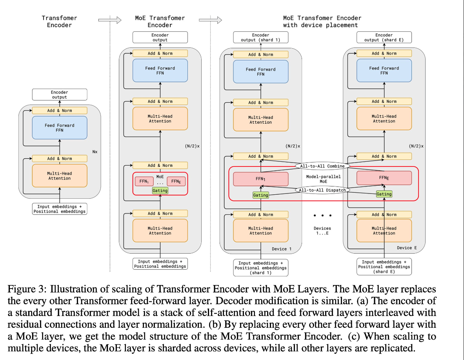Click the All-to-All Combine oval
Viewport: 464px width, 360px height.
point(322,166)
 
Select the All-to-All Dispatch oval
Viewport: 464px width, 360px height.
point(322,190)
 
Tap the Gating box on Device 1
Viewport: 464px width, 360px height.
point(261,195)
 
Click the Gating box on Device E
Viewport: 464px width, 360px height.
point(384,194)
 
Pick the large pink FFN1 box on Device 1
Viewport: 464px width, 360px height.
point(261,179)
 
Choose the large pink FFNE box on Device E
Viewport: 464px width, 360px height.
point(384,178)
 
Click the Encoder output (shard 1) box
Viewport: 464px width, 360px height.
point(261,37)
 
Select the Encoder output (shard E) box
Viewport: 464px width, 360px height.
point(384,37)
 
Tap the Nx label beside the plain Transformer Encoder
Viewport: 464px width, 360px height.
point(95,152)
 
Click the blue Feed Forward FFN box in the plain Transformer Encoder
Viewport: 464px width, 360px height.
point(60,128)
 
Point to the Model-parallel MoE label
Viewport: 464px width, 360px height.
point(323,179)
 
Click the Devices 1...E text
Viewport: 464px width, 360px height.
point(322,230)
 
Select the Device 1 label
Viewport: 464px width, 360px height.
point(282,249)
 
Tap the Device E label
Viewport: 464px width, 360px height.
point(407,248)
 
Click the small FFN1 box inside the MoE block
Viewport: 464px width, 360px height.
point(144,181)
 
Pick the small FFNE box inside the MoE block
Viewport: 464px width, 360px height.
point(176,181)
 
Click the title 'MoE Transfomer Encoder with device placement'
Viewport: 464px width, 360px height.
point(322,21)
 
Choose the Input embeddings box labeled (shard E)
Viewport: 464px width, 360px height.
point(384,267)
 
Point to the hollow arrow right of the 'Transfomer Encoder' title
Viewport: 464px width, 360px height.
point(110,20)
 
